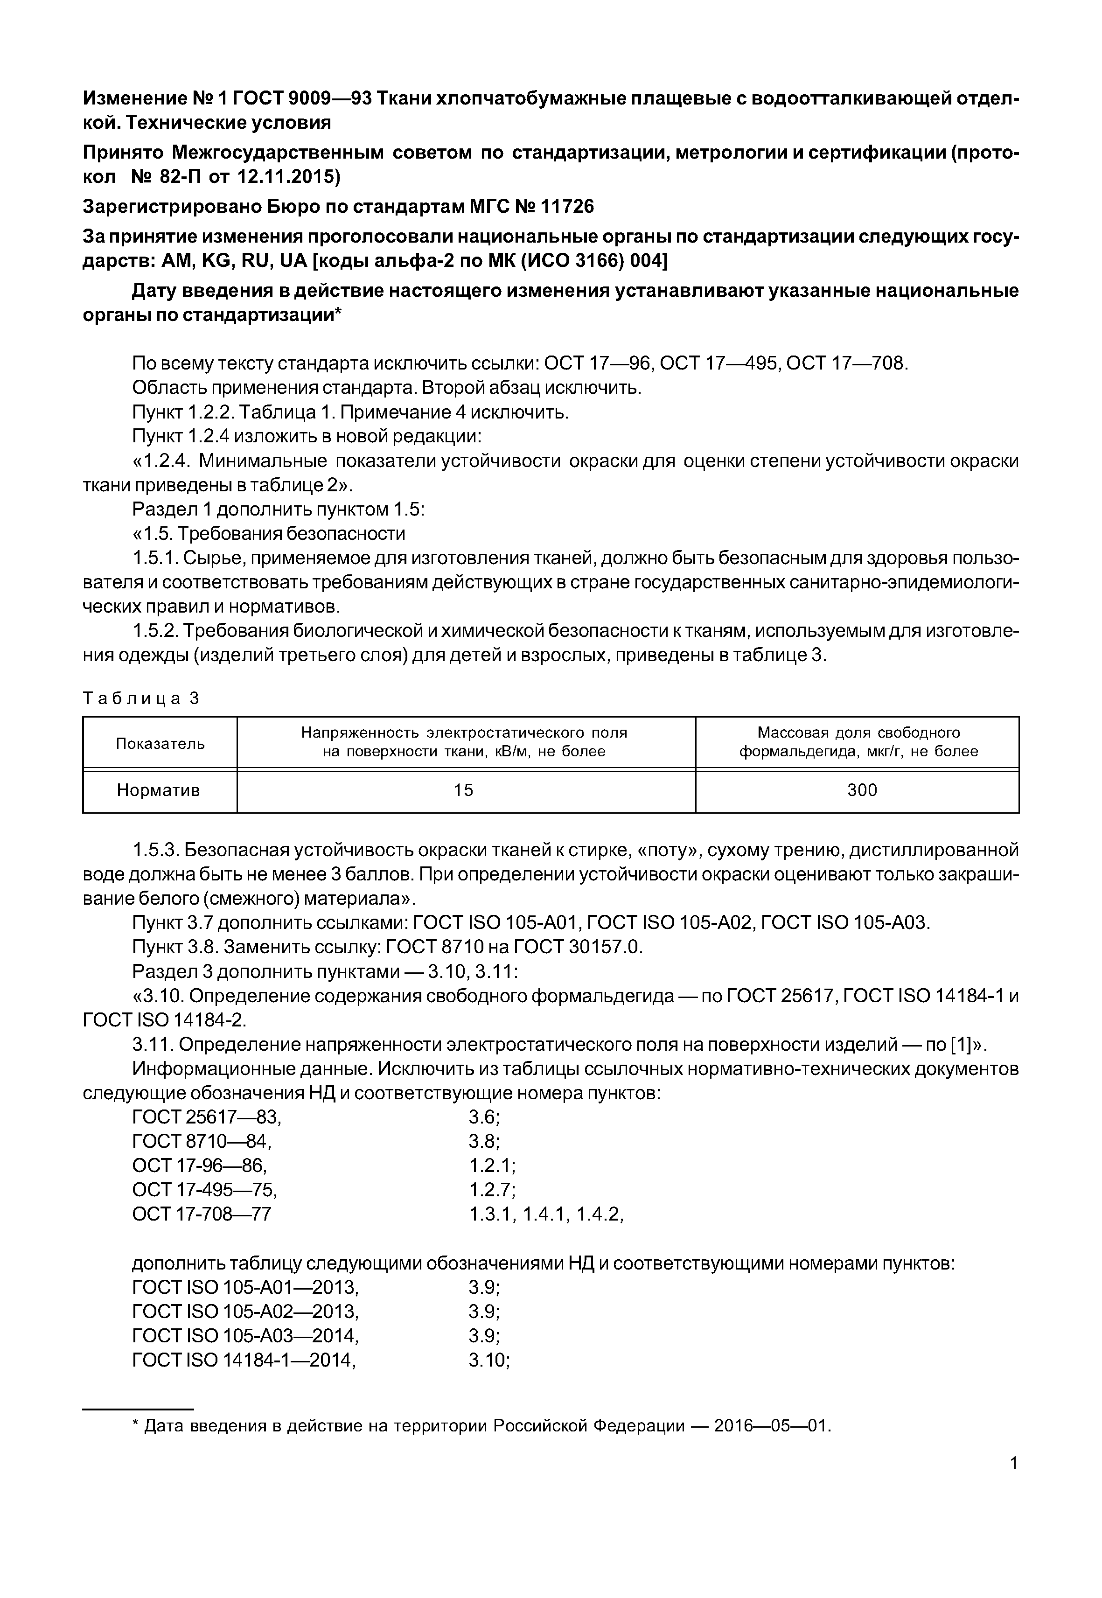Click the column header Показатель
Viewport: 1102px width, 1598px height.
[160, 743]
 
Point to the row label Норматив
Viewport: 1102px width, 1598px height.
[159, 790]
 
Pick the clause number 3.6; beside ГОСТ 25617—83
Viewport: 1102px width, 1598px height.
[484, 1117]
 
